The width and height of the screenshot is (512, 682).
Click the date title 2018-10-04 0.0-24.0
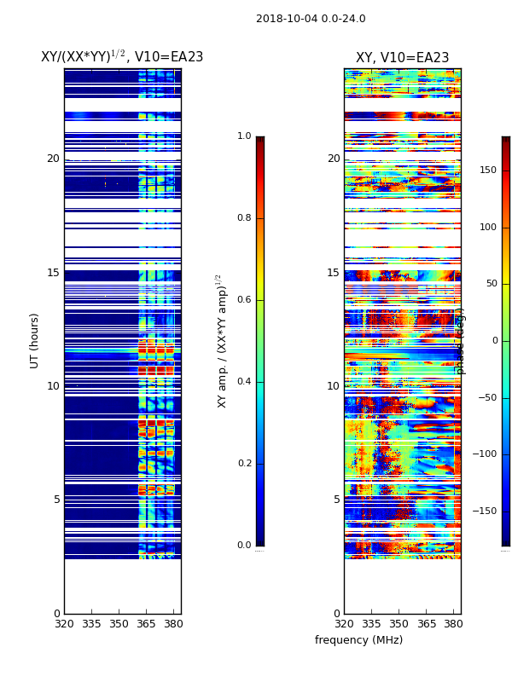pyautogui.click(x=311, y=19)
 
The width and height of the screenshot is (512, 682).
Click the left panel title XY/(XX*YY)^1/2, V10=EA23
pyautogui.click(x=122, y=57)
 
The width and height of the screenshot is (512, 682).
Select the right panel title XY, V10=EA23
pyautogui.click(x=402, y=58)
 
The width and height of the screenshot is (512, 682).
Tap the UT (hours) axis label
pyautogui.click(x=35, y=340)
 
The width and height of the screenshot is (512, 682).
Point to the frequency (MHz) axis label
pyautogui.click(x=358, y=640)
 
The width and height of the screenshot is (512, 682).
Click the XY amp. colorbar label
pyautogui.click(x=222, y=341)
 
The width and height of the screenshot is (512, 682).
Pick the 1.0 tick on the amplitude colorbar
pyautogui.click(x=244, y=136)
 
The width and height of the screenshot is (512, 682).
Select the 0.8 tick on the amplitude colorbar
pyautogui.click(x=244, y=218)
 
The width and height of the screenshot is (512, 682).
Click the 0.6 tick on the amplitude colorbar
pyautogui.click(x=244, y=300)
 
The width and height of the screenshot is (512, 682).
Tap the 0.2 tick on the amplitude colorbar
pyautogui.click(x=244, y=464)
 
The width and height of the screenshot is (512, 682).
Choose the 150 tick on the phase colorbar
pyautogui.click(x=487, y=170)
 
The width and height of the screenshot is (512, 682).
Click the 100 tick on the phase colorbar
pyautogui.click(x=487, y=227)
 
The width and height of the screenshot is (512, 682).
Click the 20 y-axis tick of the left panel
pyautogui.click(x=53, y=159)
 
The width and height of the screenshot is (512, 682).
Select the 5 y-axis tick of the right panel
pyautogui.click(x=336, y=500)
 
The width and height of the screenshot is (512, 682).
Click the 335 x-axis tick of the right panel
pyautogui.click(x=371, y=624)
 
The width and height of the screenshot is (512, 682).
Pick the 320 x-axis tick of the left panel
pyautogui.click(x=64, y=624)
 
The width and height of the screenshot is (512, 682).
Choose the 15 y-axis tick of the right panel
pyautogui.click(x=333, y=273)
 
